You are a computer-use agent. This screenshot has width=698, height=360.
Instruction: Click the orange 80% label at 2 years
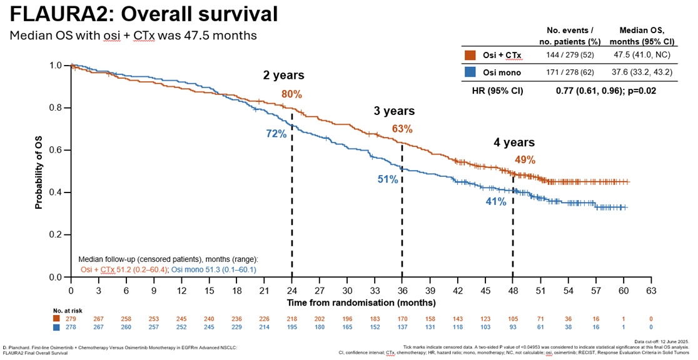[291, 95]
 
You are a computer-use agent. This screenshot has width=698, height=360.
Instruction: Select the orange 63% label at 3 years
[402, 129]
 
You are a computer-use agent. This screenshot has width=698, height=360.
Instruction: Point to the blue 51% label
[387, 179]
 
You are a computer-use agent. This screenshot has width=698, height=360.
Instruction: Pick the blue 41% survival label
[496, 202]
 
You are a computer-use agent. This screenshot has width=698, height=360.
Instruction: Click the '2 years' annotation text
[284, 76]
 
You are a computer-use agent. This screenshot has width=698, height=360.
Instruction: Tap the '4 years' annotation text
[514, 142]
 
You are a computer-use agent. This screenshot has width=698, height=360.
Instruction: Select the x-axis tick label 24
[291, 291]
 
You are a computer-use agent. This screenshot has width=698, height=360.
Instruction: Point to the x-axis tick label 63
[651, 291]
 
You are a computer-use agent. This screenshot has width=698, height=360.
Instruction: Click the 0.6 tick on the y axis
[56, 150]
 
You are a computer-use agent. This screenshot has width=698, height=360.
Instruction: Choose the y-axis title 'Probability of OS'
[39, 171]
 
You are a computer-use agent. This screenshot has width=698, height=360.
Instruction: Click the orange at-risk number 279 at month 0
[71, 317]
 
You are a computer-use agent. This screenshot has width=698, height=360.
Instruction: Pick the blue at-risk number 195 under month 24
[291, 327]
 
